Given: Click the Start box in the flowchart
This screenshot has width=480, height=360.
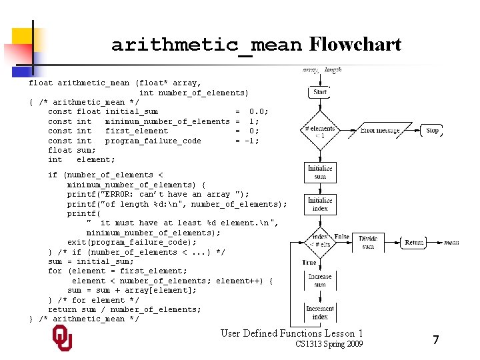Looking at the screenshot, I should pyautogui.click(x=320, y=92).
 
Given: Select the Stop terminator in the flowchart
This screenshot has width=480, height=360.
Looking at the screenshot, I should pyautogui.click(x=433, y=130).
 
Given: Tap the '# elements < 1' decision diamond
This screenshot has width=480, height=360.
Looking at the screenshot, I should pyautogui.click(x=320, y=131).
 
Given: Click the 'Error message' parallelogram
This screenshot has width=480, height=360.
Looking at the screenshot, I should pyautogui.click(x=380, y=131).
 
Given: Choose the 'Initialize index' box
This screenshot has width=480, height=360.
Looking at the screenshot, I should pyautogui.click(x=320, y=204).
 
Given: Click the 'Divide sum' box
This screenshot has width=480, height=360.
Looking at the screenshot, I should pyautogui.click(x=367, y=243).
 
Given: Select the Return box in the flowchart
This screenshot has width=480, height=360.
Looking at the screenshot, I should pyautogui.click(x=414, y=243).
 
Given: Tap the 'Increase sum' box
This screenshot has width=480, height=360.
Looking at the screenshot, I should pyautogui.click(x=320, y=281).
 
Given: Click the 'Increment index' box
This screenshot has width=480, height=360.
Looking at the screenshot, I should pyautogui.click(x=320, y=312).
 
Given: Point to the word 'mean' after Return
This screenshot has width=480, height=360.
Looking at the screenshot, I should pyautogui.click(x=451, y=243).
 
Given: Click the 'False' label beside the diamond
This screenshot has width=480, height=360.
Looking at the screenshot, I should pyautogui.click(x=341, y=237).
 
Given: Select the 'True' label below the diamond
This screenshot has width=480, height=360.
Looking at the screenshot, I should pyautogui.click(x=310, y=262).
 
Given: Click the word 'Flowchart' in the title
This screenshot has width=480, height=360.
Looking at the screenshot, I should pyautogui.click(x=355, y=45).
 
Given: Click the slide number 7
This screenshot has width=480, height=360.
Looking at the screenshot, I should pyautogui.click(x=435, y=340).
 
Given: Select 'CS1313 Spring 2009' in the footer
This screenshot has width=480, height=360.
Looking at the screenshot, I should pyautogui.click(x=329, y=344).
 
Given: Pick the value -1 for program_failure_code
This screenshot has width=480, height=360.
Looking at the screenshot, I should pyautogui.click(x=251, y=141).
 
